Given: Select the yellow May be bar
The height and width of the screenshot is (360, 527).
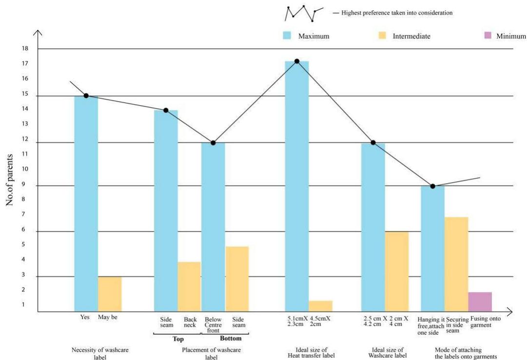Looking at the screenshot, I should (x=110, y=294).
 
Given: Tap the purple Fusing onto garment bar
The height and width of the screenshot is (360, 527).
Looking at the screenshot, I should (x=480, y=302).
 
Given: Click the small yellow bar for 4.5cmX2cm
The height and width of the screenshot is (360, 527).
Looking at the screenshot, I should (x=321, y=306).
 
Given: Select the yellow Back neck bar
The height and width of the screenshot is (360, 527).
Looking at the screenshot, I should (x=189, y=287).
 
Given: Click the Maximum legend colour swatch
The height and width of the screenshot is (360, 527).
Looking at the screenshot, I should (x=287, y=36).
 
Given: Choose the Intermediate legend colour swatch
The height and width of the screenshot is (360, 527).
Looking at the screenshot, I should (x=382, y=36).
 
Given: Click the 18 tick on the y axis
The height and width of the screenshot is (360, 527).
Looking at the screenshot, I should (x=25, y=49).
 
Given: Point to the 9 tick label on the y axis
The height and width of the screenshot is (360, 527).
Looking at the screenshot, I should (x=25, y=185).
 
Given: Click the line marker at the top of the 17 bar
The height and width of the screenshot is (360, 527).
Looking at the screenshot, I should (x=296, y=61).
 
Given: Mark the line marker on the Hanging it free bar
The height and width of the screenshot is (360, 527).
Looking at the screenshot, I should (x=432, y=186).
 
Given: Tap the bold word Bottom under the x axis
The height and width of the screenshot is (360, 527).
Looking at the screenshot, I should (x=231, y=339).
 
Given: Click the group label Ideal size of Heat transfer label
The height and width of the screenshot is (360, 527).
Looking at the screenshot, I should (x=312, y=353).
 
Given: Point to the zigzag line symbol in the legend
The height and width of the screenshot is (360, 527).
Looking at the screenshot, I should (x=303, y=14).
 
